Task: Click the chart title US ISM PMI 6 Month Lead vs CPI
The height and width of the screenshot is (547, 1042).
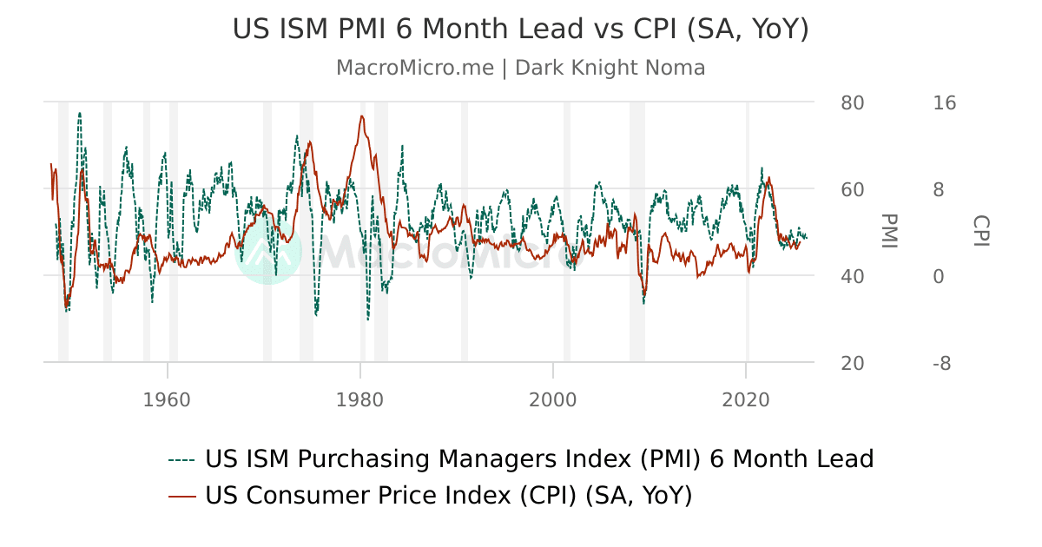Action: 520,30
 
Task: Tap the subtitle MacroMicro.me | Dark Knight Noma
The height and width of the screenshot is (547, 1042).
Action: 520,68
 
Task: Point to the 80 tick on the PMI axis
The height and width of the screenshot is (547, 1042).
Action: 853,102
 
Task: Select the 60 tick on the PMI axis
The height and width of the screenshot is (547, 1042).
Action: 853,189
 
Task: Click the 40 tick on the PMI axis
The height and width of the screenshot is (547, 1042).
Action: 853,276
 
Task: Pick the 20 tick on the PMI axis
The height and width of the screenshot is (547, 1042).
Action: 853,363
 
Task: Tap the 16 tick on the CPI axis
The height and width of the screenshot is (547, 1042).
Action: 944,102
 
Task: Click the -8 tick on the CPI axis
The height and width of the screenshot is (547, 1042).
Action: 942,363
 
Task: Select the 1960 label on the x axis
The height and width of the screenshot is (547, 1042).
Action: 167,399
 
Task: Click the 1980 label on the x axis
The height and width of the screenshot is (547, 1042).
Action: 359,399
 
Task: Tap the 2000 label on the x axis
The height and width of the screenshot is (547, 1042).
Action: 553,399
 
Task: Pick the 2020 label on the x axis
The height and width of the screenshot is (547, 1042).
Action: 746,399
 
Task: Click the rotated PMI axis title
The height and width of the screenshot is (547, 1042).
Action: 888,231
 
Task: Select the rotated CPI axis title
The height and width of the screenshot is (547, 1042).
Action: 980,231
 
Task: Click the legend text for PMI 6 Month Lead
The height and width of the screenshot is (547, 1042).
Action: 538,458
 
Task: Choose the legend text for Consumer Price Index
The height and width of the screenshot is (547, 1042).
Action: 448,496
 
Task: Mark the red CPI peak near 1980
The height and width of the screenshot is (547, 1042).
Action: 361,116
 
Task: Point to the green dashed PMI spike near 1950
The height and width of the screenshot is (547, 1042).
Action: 80,113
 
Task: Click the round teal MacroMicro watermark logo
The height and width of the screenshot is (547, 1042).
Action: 267,251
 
